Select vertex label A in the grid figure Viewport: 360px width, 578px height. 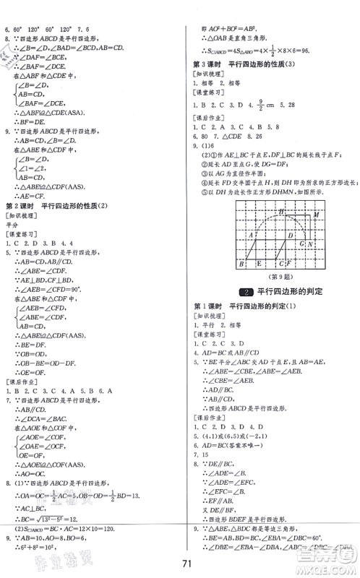pyautogui.click(x=249, y=236)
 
